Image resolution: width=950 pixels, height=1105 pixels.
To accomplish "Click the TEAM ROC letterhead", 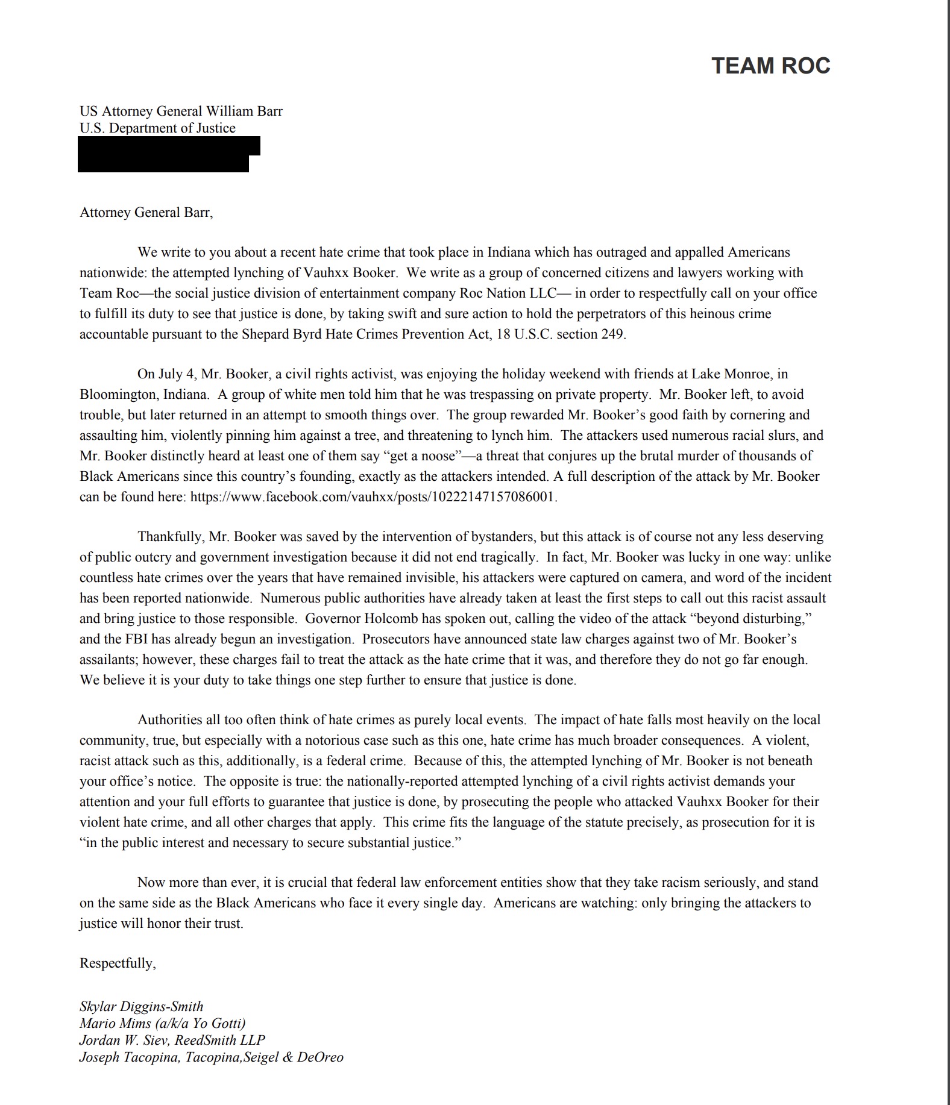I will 770,66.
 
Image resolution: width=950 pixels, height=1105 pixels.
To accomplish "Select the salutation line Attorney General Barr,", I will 146,212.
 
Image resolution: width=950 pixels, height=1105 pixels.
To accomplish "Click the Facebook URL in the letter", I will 373,497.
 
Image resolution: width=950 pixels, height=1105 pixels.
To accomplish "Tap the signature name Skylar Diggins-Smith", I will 141,1006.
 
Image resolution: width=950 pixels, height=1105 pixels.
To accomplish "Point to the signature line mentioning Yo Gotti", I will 162,1023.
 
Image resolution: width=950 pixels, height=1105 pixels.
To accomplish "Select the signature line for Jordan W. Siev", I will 172,1040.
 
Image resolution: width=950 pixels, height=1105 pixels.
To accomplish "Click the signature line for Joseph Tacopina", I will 211,1057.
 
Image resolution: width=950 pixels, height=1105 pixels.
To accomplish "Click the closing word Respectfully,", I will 118,963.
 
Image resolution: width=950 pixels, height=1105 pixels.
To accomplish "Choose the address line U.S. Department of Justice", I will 157,128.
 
